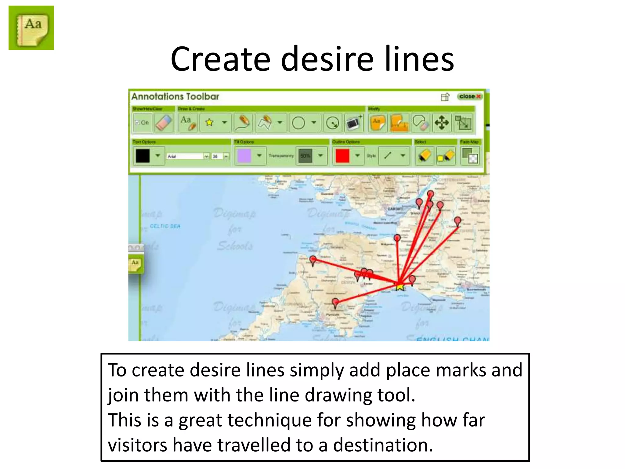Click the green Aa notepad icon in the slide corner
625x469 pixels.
click(31, 28)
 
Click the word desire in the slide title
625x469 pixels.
click(327, 59)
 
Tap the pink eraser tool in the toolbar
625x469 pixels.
click(164, 123)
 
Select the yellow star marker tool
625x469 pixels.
click(209, 122)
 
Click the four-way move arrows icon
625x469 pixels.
click(442, 123)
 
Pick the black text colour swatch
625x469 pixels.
click(143, 156)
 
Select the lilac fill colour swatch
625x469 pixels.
click(244, 156)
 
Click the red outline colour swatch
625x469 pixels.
click(342, 156)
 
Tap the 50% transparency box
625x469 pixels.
click(305, 156)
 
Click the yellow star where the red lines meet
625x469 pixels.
click(400, 286)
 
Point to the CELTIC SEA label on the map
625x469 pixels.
click(165, 226)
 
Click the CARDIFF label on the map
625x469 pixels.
click(396, 209)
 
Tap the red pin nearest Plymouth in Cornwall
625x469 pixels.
click(335, 303)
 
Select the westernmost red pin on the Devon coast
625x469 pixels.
click(313, 260)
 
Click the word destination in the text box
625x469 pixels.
click(383, 445)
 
